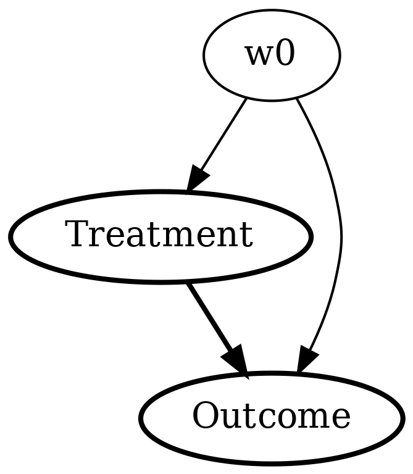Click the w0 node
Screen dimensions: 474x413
coord(271,56)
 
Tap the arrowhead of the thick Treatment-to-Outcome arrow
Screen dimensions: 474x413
coord(237,362)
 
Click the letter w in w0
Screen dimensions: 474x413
coord(259,56)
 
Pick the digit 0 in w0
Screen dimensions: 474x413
coord(285,55)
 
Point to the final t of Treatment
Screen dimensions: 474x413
coord(246,236)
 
